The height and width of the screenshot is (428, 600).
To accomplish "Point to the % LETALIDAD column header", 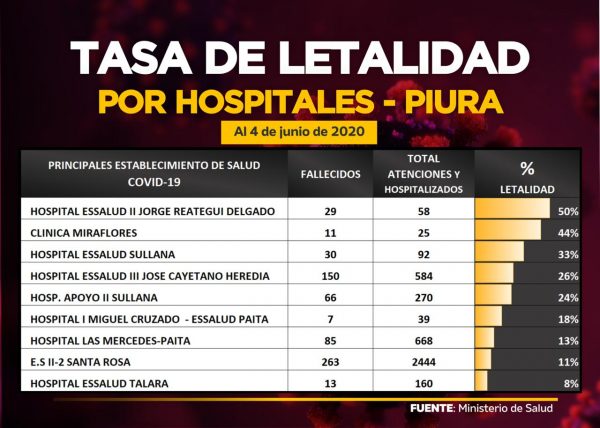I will coord(527,176).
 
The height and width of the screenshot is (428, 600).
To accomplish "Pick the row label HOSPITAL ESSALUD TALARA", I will coord(98,383).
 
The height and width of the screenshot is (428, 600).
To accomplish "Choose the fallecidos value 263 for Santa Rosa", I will coord(330,361).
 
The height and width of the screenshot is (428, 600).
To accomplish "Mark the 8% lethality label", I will coord(571,383).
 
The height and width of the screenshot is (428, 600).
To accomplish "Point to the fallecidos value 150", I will coord(330,275).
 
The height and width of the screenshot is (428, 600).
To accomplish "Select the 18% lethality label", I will coord(568,318).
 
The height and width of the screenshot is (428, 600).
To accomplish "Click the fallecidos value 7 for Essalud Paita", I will coord(330,318).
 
